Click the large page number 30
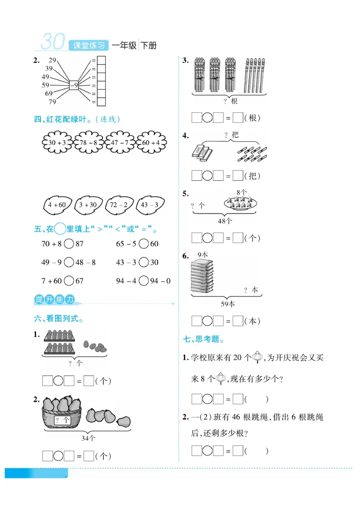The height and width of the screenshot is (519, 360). [x=53, y=42]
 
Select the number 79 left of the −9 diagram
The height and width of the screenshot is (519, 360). [x=52, y=102]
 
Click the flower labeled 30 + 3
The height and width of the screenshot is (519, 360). [x=57, y=143]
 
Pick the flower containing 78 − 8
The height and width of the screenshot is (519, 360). [x=89, y=143]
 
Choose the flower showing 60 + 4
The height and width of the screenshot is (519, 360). [x=151, y=143]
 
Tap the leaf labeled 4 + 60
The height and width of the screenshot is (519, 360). [x=57, y=205]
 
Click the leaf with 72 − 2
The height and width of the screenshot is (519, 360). [x=119, y=205]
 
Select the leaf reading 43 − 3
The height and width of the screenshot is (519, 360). [x=150, y=205]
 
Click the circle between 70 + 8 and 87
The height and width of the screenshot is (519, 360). [x=69, y=244]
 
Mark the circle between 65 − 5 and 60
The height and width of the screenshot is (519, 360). [x=144, y=244]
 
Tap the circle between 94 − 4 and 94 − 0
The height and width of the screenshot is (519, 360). [x=144, y=281]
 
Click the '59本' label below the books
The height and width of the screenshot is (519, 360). [x=228, y=304]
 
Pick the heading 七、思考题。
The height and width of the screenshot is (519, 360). [x=204, y=339]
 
